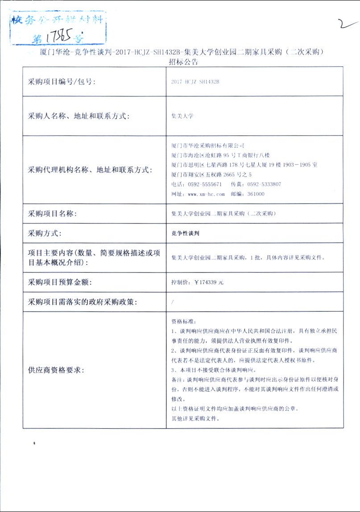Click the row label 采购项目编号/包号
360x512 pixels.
pyautogui.click(x=62, y=82)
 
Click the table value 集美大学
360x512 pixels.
pyautogui.click(x=182, y=116)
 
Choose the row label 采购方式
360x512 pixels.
pyautogui.click(x=45, y=233)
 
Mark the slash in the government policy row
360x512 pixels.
pyautogui.click(x=172, y=302)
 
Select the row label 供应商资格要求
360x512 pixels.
pyautogui.click(x=56, y=370)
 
